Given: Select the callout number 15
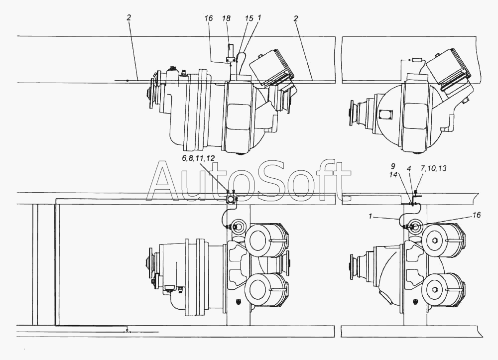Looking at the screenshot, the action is (x=249, y=18).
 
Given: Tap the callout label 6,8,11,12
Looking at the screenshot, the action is (x=198, y=159).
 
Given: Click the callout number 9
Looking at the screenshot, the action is (x=393, y=166).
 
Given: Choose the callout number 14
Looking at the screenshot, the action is (x=393, y=175).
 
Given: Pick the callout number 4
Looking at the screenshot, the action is (x=409, y=169).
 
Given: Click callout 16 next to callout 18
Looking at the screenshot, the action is (x=209, y=19).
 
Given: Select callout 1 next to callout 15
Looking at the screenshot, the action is (x=259, y=18).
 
